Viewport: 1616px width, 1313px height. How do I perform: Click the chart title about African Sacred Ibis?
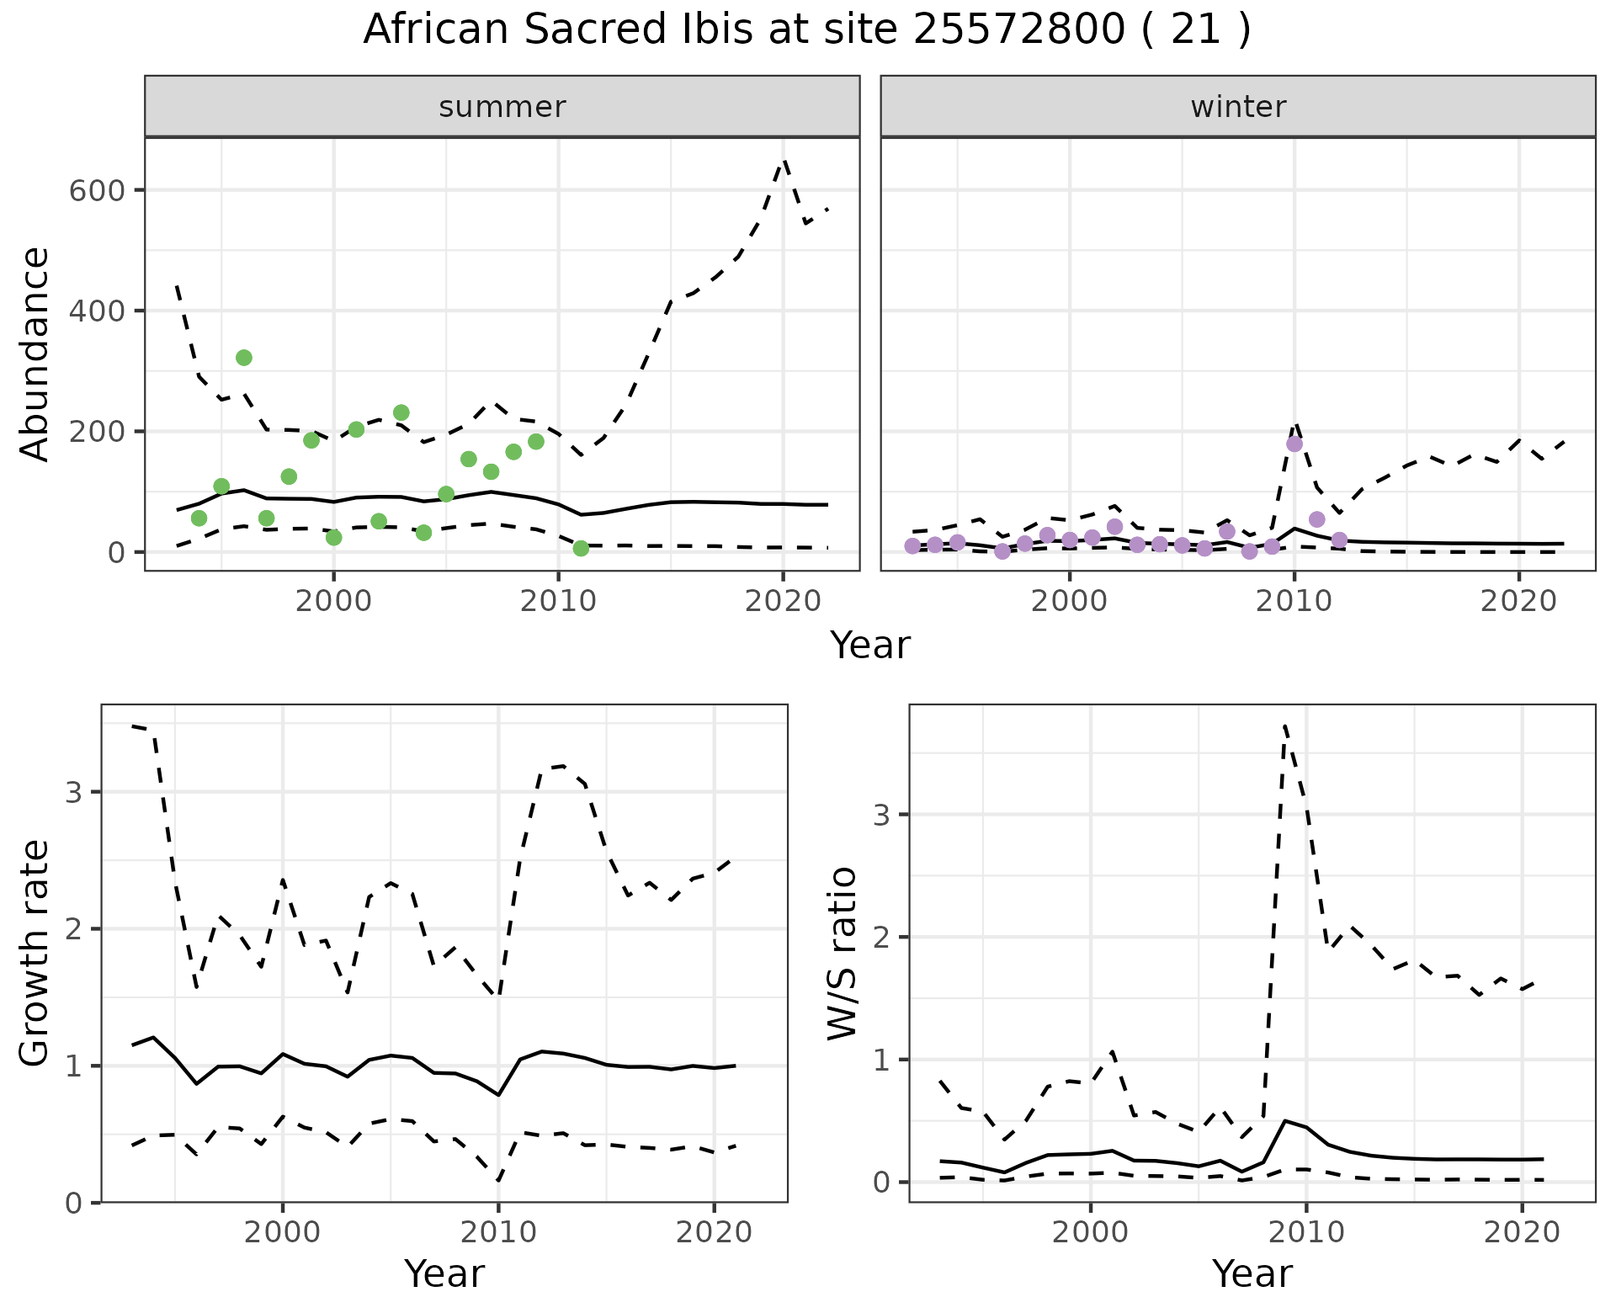click(x=806, y=30)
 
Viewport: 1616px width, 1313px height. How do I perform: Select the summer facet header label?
click(x=502, y=107)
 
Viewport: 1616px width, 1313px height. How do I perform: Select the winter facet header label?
click(x=1238, y=107)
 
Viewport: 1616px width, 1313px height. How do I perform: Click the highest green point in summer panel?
click(x=244, y=358)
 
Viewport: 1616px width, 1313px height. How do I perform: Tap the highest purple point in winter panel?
click(x=1294, y=444)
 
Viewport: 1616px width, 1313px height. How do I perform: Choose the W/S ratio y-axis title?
click(x=842, y=953)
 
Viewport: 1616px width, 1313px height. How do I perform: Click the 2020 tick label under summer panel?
click(x=783, y=602)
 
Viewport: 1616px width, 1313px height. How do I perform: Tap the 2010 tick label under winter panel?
click(x=1294, y=602)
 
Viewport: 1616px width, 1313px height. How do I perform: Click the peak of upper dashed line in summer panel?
click(x=784, y=160)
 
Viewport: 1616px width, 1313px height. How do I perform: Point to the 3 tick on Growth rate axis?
click(x=73, y=792)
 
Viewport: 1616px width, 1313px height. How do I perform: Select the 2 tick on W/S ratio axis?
click(x=882, y=937)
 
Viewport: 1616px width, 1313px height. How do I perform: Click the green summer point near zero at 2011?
click(x=581, y=549)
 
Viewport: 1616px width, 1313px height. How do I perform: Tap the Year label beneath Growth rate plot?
click(x=444, y=1273)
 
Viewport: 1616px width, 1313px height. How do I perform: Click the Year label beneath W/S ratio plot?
click(x=1252, y=1273)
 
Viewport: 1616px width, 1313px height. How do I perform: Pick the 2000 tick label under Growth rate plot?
click(x=282, y=1233)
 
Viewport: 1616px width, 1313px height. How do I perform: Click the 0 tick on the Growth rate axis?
click(x=73, y=1203)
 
